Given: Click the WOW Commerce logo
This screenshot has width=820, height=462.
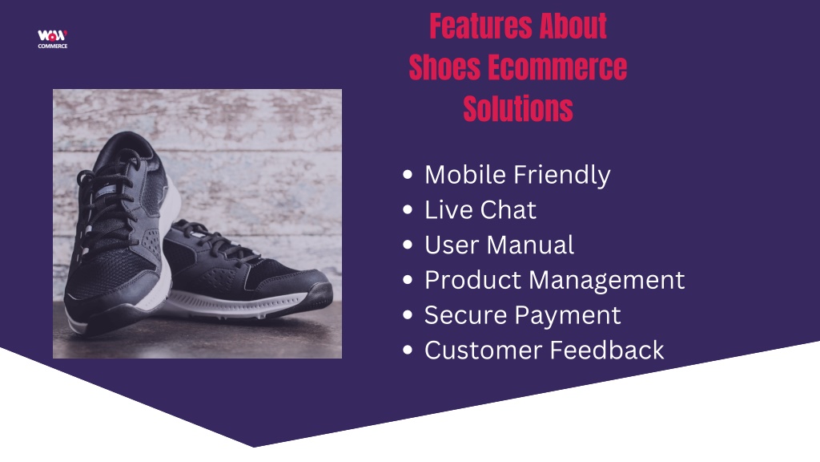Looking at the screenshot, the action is (x=52, y=38).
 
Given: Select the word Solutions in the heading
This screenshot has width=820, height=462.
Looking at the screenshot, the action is (x=518, y=109).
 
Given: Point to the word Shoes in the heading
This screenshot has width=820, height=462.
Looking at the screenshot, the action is (x=444, y=67).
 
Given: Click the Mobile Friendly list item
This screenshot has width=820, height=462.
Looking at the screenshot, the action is (x=517, y=175).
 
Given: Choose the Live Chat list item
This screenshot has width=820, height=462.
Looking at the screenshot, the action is (x=480, y=209).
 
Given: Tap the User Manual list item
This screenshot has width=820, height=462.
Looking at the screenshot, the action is (x=499, y=245).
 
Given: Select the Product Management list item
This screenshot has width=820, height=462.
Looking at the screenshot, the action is (x=554, y=280).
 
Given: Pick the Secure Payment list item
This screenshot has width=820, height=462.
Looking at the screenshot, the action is (x=522, y=315).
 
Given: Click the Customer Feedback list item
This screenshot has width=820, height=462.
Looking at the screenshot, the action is (x=544, y=350).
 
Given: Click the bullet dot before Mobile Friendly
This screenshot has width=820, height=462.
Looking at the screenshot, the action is (x=408, y=174).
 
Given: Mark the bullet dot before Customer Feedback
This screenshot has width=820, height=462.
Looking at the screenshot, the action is (x=408, y=350).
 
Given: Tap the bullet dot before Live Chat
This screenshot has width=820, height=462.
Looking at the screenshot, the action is (x=408, y=209).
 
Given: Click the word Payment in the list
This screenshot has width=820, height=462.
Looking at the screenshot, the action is (x=568, y=316).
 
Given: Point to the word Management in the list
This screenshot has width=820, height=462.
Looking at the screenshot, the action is (x=607, y=281).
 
